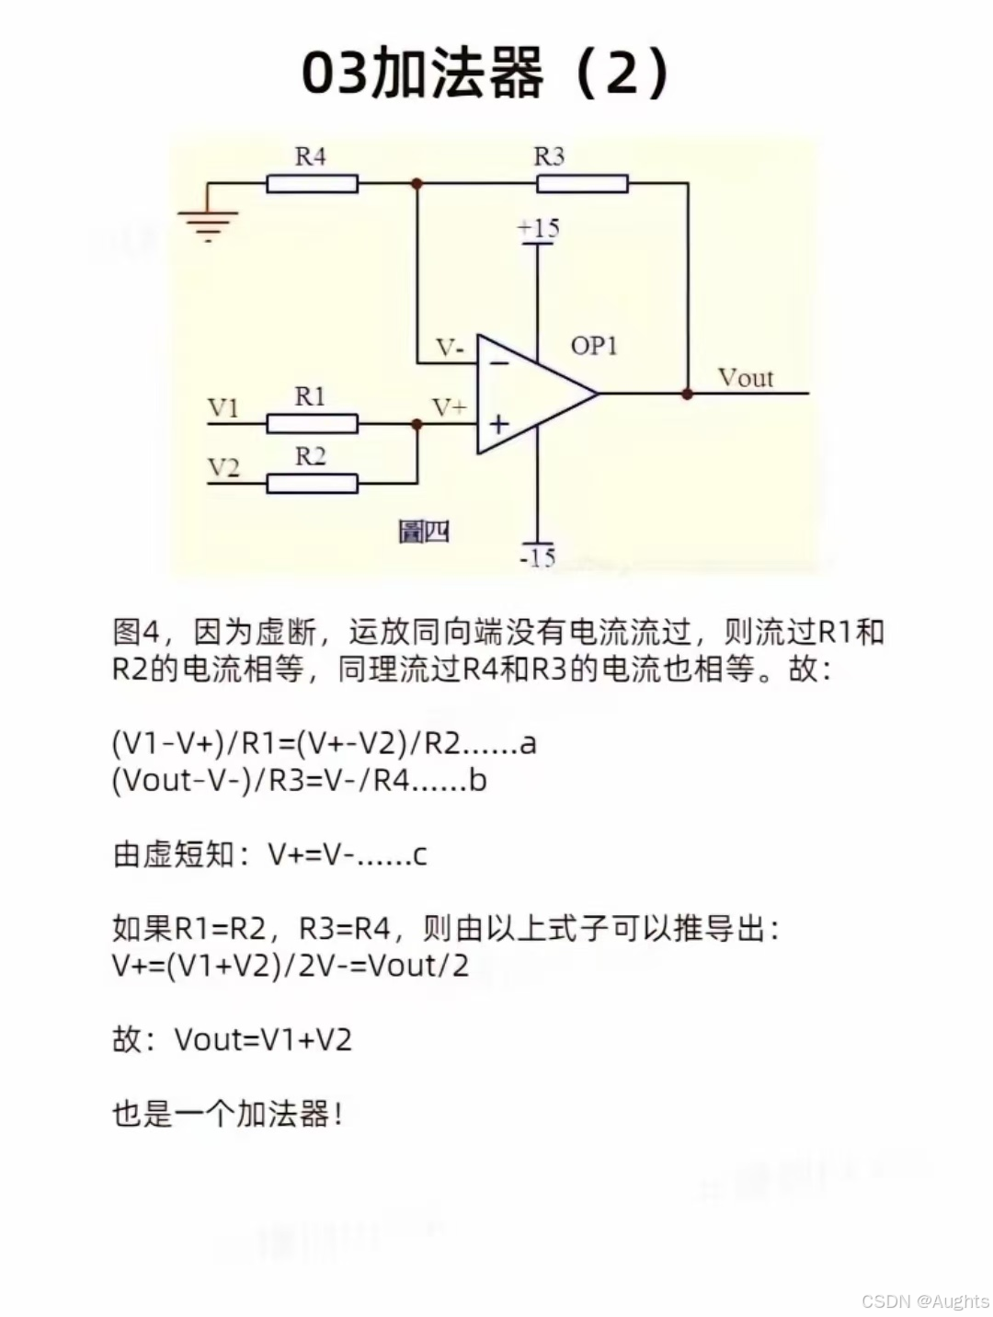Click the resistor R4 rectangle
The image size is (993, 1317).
tap(312, 184)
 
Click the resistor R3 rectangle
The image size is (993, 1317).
tap(582, 184)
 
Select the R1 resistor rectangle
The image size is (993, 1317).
tap(312, 424)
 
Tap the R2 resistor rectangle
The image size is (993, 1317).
tap(312, 483)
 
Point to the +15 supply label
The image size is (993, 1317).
tap(538, 228)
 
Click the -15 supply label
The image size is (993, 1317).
tap(538, 557)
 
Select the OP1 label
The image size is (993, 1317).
tap(594, 346)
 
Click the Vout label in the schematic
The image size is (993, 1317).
tap(745, 378)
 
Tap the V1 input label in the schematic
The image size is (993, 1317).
tap(223, 407)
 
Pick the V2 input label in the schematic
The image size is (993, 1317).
tap(223, 467)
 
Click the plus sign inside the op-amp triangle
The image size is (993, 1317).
tap(498, 424)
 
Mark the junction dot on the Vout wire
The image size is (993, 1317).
tap(687, 394)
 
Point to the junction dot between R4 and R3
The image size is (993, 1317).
tap(417, 184)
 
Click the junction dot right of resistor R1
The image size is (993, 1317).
tap(417, 424)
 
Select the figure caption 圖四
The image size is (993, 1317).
tap(424, 532)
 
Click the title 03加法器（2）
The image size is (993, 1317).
tap(485, 74)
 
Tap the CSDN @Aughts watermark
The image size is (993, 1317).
tap(925, 1301)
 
